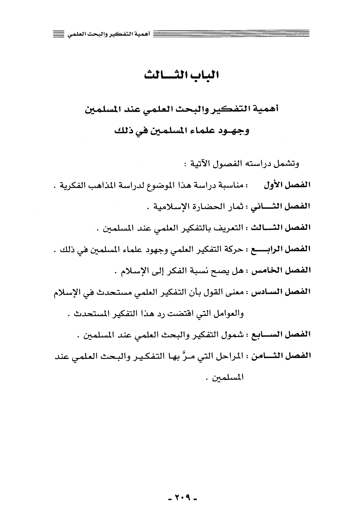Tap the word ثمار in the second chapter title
pyautogui.click(x=236, y=206)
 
